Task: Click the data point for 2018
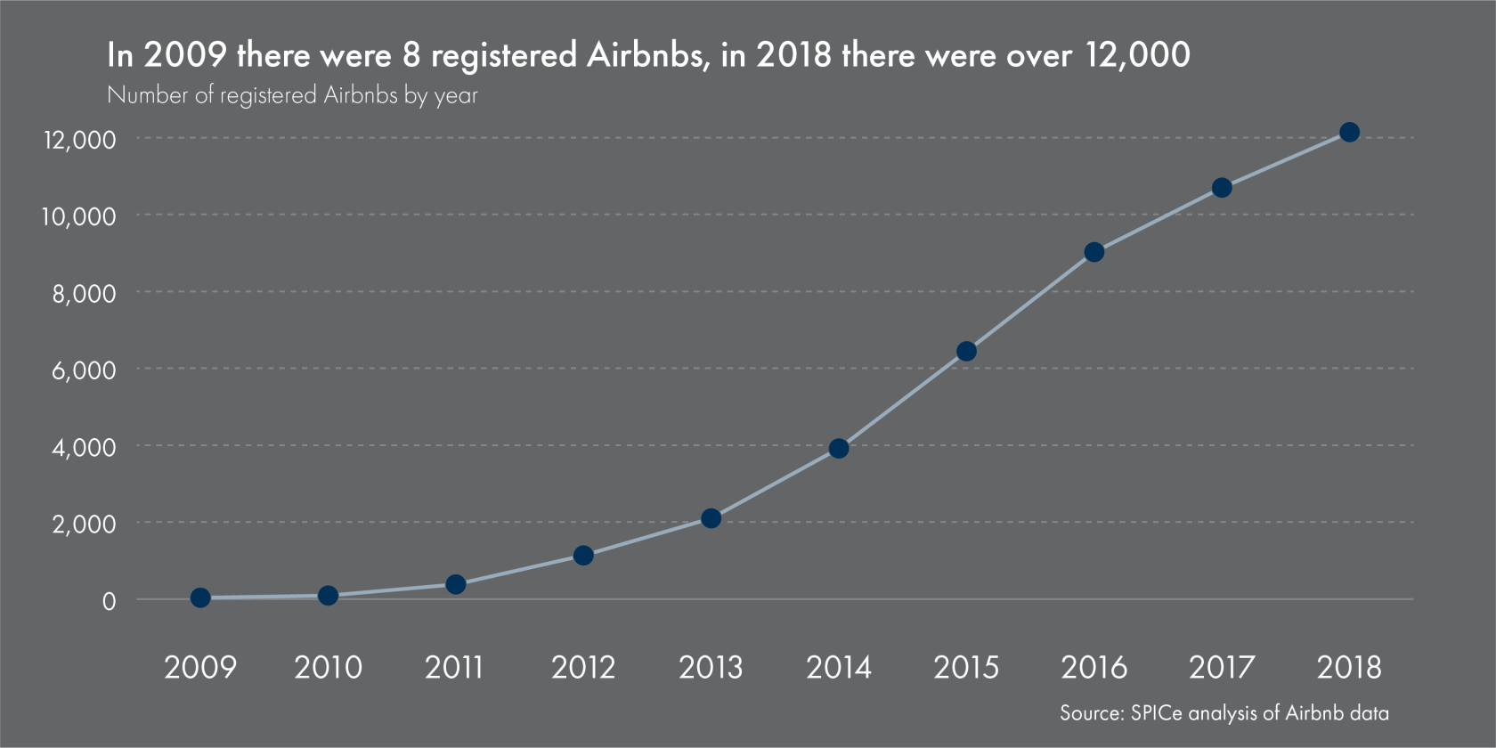[x=1349, y=133]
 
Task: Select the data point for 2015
[x=966, y=352]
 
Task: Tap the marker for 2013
[x=711, y=518]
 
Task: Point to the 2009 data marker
[x=200, y=598]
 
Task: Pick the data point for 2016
[x=1094, y=252]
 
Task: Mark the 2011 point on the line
[x=455, y=584]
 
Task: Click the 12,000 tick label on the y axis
[x=80, y=140]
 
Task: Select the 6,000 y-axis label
[x=84, y=370]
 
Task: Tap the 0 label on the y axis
[x=109, y=602]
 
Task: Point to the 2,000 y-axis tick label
[x=84, y=524]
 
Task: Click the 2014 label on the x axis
[x=838, y=668]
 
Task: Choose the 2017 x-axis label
[x=1222, y=668]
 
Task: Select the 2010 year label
[x=328, y=668]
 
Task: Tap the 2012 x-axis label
[x=583, y=668]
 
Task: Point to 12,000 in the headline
[x=1137, y=55]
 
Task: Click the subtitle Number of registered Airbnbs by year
[x=292, y=95]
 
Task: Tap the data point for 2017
[x=1222, y=188]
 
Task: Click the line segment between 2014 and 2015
[x=902, y=400]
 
